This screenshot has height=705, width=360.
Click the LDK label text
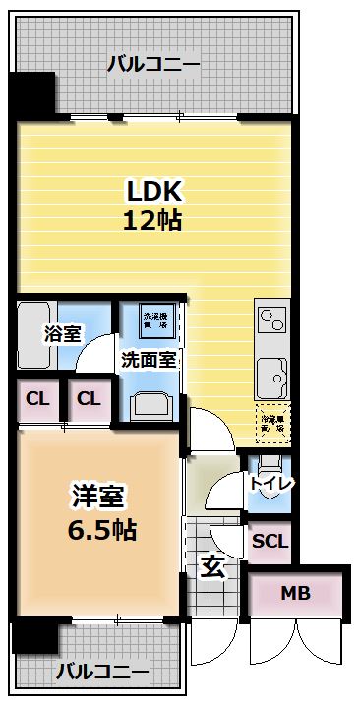pyautogui.click(x=153, y=190)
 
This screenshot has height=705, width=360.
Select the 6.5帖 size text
pyautogui.click(x=102, y=530)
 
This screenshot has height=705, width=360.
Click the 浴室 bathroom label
pyautogui.click(x=62, y=333)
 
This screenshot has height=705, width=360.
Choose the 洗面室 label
pyautogui.click(x=149, y=359)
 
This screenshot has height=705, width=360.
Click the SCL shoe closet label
pyautogui.click(x=270, y=540)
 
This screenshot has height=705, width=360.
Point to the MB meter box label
pyautogui.click(x=295, y=593)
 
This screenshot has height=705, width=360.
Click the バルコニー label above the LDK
pyautogui.click(x=152, y=65)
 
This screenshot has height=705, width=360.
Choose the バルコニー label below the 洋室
pyautogui.click(x=101, y=673)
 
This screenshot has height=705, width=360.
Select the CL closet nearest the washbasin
pyautogui.click(x=90, y=399)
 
